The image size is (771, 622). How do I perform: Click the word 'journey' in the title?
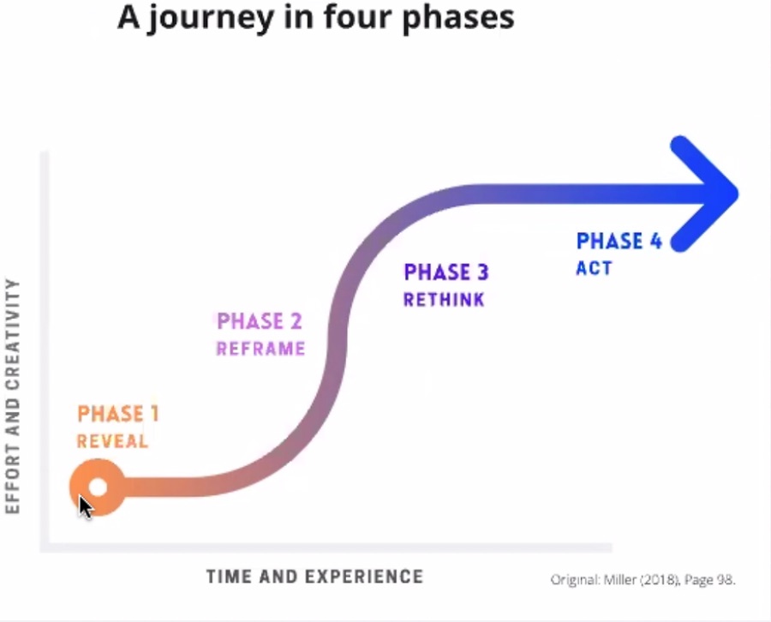click(210, 18)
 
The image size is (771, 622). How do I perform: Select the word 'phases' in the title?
click(458, 18)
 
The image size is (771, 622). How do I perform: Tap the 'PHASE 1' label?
click(118, 414)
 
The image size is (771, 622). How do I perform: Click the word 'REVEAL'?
click(112, 441)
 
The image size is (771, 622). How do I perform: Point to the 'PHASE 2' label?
click(260, 321)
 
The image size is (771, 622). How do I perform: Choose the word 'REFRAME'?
click(260, 349)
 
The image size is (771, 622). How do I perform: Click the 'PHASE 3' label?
click(446, 272)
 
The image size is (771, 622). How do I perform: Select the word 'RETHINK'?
click(444, 300)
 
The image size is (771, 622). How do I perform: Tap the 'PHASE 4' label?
click(619, 241)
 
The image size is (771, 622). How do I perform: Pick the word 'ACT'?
click(594, 268)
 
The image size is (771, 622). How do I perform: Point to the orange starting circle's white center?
click(99, 487)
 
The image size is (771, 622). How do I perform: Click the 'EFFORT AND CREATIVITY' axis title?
click(12, 397)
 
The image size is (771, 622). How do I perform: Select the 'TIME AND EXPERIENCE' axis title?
click(314, 577)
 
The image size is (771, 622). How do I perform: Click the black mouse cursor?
click(86, 507)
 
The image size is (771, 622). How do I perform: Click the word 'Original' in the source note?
click(574, 580)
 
